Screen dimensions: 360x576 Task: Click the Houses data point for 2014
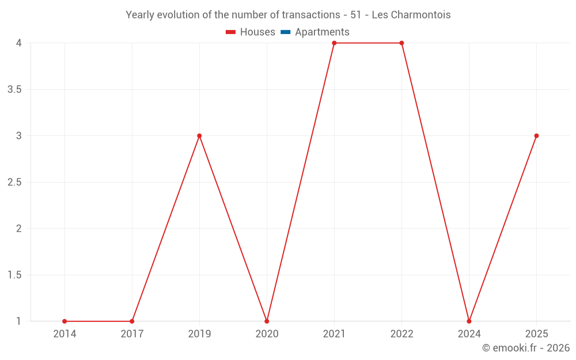(x=65, y=321)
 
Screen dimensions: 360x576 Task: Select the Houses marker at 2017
(x=132, y=321)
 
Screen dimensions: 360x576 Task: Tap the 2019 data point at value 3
(x=199, y=136)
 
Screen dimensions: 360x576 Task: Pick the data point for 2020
(x=267, y=321)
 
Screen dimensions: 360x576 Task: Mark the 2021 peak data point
(x=334, y=43)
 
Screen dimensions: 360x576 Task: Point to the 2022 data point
(x=401, y=43)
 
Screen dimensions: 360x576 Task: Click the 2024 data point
(x=469, y=321)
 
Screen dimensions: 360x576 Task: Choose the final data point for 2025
(x=536, y=136)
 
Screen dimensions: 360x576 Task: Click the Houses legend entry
(x=251, y=32)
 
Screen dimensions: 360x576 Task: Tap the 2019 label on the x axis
(x=199, y=334)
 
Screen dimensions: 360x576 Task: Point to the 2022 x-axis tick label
(x=401, y=334)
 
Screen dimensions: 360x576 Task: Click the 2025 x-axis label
(x=536, y=334)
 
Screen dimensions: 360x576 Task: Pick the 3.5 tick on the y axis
(x=15, y=89)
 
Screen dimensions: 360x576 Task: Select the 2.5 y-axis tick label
(x=15, y=183)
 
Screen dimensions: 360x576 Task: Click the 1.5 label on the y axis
(x=15, y=275)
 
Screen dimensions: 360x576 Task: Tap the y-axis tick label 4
(x=19, y=43)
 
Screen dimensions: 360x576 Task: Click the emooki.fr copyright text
(x=526, y=348)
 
